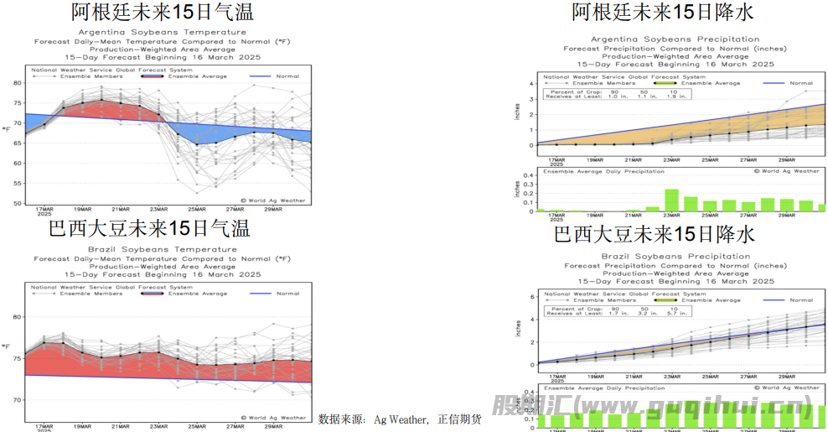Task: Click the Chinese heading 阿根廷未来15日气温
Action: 162,12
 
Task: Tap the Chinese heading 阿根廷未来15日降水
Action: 662,12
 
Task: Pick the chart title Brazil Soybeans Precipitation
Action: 674,256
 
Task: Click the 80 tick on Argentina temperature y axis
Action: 18,82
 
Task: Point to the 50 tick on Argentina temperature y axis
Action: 18,203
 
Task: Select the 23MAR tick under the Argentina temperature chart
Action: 158,209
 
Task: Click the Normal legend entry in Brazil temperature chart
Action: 287,294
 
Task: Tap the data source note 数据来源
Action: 400,419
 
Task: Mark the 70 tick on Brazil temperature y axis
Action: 18,400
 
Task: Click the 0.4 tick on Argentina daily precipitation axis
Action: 530,176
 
